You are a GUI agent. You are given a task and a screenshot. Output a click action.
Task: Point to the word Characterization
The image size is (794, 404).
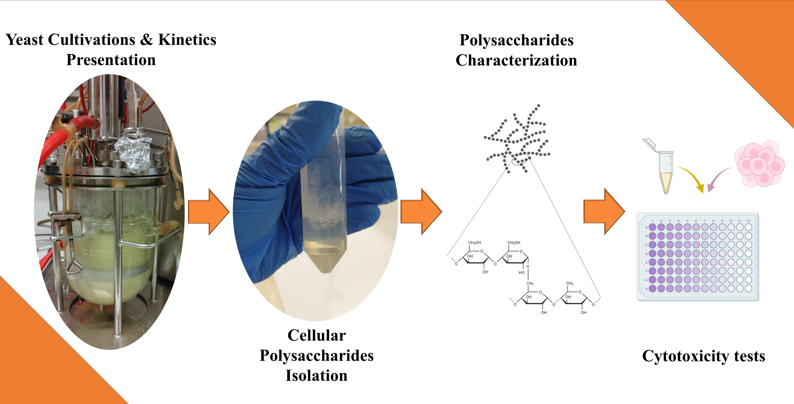[516, 60]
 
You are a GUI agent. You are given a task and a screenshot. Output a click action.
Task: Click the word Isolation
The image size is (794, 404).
[317, 376]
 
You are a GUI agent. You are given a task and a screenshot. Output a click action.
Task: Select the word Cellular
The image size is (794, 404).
[317, 335]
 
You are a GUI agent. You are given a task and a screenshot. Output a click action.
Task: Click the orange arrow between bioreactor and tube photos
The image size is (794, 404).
[209, 212]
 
